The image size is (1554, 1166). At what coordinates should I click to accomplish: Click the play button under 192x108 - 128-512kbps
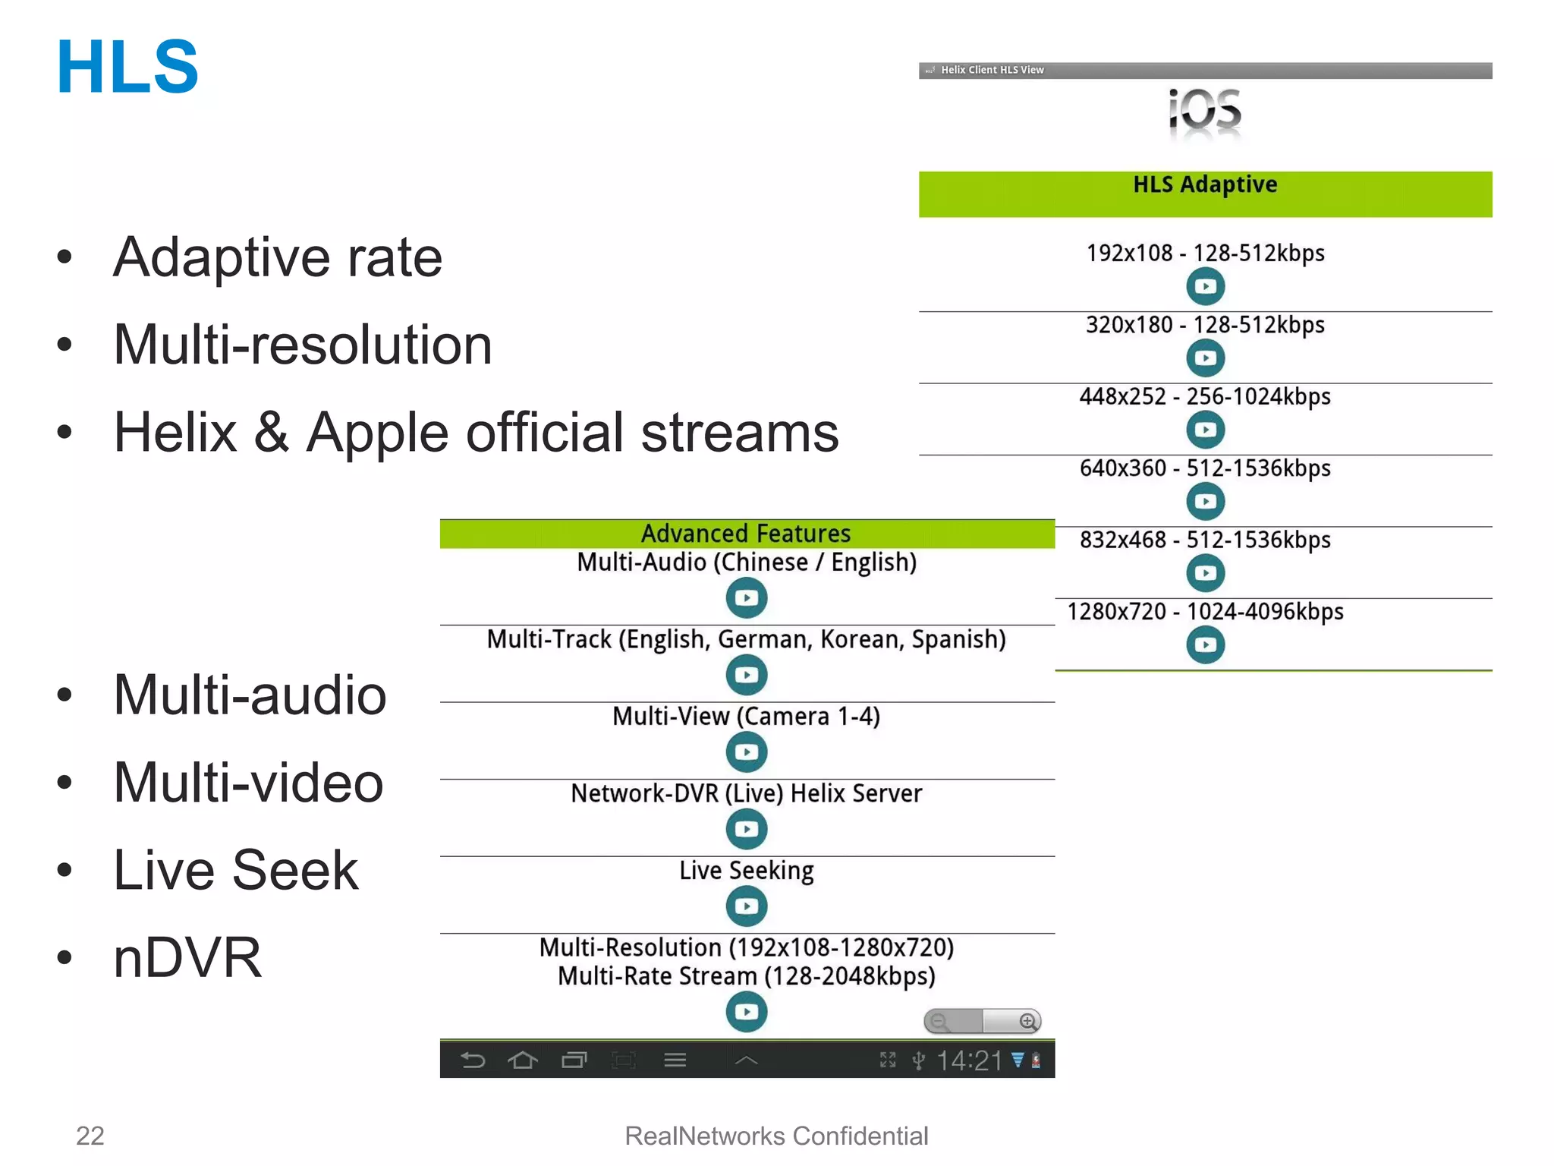coord(1205,287)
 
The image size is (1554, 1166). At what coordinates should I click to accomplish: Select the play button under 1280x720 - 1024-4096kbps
coord(1205,645)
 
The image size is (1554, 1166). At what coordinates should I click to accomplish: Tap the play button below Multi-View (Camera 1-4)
coord(747,752)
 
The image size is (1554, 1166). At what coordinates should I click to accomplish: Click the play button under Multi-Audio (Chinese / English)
coord(747,598)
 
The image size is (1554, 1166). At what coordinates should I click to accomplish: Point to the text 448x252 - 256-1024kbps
coord(1205,396)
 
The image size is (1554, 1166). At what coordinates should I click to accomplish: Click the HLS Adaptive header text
coord(1205,184)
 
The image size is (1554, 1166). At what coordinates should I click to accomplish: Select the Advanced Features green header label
coord(746,534)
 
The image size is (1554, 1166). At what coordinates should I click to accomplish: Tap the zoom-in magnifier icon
coord(1027,1022)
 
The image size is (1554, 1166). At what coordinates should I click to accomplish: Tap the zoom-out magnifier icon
coord(939,1022)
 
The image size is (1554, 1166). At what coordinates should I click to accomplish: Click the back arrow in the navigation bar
coord(473,1060)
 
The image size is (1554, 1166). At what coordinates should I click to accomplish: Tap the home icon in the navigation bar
coord(523,1060)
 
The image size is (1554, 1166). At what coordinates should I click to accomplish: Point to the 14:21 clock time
coord(969,1060)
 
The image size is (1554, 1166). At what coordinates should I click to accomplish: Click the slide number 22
coord(90,1136)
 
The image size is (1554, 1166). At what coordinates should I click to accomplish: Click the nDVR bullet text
coord(187,957)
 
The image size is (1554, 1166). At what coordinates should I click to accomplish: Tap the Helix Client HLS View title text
coord(992,70)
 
